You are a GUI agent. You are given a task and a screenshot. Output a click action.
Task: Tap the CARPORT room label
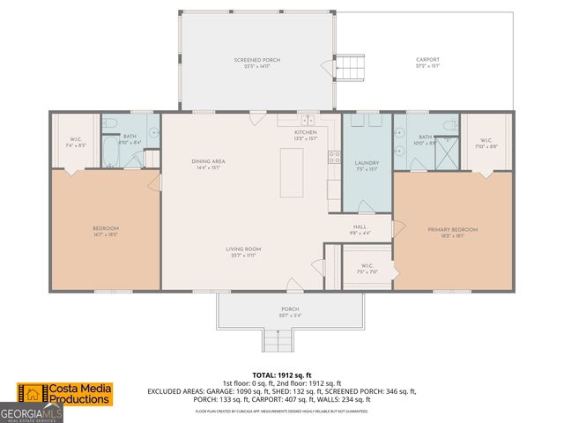(427, 63)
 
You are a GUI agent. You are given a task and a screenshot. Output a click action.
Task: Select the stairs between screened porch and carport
(352, 66)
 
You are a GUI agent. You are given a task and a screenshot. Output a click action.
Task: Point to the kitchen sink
(308, 121)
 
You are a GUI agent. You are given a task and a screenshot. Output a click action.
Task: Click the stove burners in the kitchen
(335, 159)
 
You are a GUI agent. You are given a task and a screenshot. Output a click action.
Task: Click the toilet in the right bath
(448, 123)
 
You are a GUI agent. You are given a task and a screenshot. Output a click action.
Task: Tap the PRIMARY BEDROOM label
(452, 232)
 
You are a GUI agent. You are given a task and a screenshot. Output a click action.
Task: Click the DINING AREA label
(209, 164)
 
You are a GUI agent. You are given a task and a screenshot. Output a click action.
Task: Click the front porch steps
(278, 339)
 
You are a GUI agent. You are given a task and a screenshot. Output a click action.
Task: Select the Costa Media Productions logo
(66, 394)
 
